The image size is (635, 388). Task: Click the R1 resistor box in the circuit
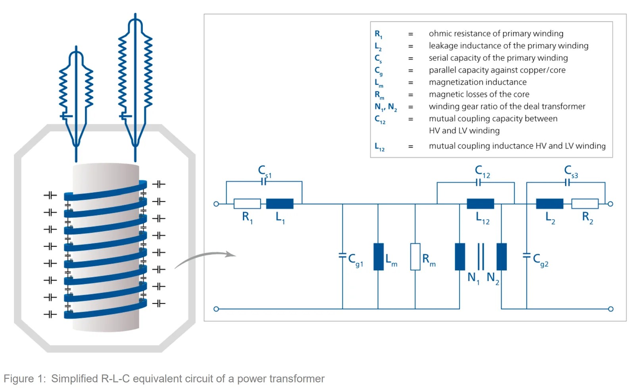pyautogui.click(x=247, y=204)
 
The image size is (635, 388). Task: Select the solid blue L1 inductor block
pyautogui.click(x=280, y=204)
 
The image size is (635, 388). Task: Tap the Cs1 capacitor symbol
pyautogui.click(x=264, y=181)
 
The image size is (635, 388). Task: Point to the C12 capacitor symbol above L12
pyautogui.click(x=478, y=183)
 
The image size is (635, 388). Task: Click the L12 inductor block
pyautogui.click(x=480, y=204)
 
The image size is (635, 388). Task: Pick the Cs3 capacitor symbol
pyautogui.click(x=568, y=182)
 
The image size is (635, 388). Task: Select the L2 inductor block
pyautogui.click(x=550, y=204)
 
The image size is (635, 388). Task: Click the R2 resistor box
pyautogui.click(x=585, y=204)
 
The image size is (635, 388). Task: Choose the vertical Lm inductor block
pyautogui.click(x=379, y=257)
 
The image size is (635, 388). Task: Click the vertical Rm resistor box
pyautogui.click(x=415, y=257)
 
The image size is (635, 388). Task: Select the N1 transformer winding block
pyautogui.click(x=460, y=257)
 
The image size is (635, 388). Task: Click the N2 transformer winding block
pyautogui.click(x=502, y=257)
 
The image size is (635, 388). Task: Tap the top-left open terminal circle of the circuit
pyautogui.click(x=216, y=204)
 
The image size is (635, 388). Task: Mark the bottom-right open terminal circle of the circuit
pyautogui.click(x=611, y=309)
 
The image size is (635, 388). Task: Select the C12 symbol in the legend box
pyautogui.click(x=380, y=119)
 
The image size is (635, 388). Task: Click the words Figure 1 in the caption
pyautogui.click(x=24, y=378)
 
